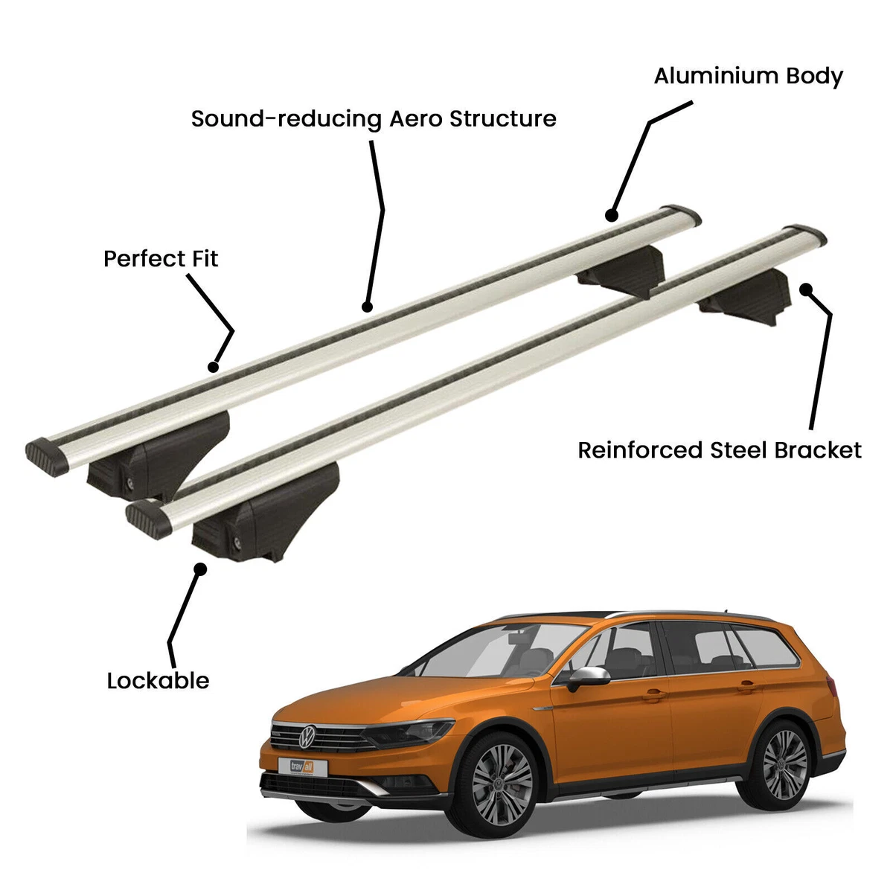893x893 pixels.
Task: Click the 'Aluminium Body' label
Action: point(748,76)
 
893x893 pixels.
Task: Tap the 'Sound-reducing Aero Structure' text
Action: point(374,119)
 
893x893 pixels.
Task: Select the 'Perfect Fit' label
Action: point(161,259)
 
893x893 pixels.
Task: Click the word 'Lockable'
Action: point(158,680)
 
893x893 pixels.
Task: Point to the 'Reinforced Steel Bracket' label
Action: point(720,450)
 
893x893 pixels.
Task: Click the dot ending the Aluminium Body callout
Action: point(612,216)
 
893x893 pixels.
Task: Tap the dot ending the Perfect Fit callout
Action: point(214,366)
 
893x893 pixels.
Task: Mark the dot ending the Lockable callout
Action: point(199,569)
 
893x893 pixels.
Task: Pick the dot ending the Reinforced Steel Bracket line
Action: point(805,289)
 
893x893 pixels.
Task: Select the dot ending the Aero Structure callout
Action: point(366,306)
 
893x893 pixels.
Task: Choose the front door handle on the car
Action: point(654,694)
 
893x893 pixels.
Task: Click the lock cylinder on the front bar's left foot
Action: point(237,542)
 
